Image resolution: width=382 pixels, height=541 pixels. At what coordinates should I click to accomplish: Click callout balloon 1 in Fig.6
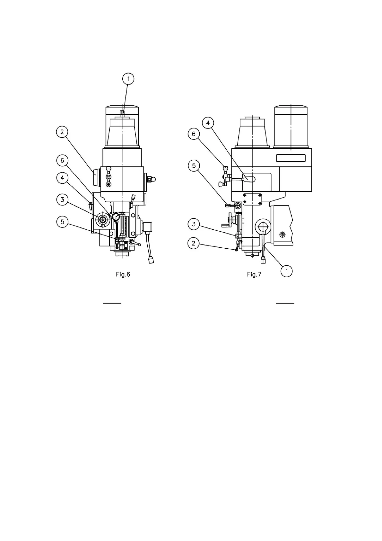pos(128,79)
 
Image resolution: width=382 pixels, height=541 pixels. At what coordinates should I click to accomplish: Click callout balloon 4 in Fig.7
pos(208,123)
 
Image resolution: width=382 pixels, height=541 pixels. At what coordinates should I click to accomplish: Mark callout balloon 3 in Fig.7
pos(194,224)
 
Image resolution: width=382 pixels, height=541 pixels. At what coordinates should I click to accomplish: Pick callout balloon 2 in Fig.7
pos(194,243)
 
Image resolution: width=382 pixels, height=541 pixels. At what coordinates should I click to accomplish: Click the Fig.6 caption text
pos(123,275)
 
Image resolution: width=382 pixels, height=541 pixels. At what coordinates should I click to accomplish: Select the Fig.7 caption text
pos(254,275)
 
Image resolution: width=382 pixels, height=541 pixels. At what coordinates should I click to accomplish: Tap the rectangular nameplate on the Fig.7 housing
pos(291,158)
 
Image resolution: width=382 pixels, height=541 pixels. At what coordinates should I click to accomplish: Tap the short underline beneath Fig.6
pos(112,303)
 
